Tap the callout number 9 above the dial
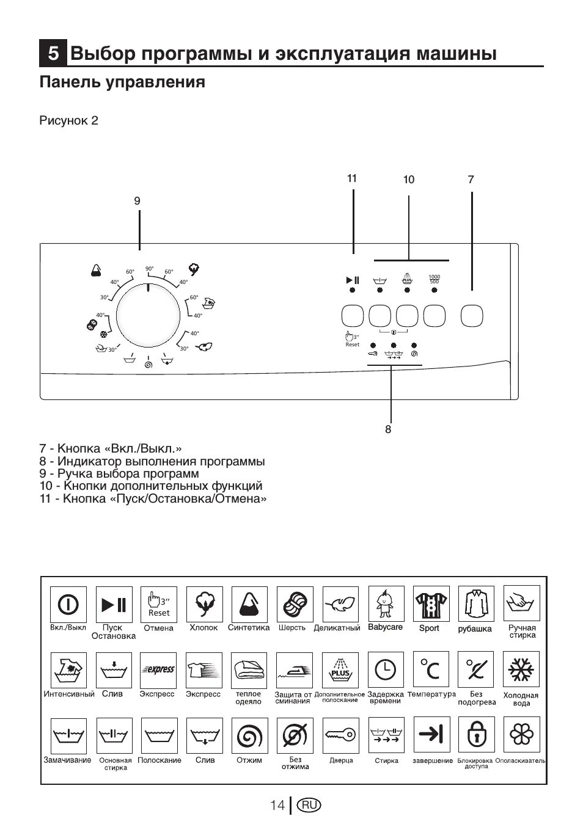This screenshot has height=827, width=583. pyautogui.click(x=137, y=201)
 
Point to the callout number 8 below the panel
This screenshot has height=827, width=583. pyautogui.click(x=388, y=429)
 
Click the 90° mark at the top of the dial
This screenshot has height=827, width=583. pyautogui.click(x=149, y=269)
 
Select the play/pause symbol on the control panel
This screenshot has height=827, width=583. pyautogui.click(x=353, y=280)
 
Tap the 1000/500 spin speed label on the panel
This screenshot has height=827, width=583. pyautogui.click(x=435, y=279)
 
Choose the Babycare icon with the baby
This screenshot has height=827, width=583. pyautogui.click(x=386, y=605)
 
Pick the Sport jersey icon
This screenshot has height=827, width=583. pyautogui.click(x=431, y=605)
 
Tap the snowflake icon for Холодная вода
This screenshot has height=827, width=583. pyautogui.click(x=521, y=671)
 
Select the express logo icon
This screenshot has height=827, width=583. pyautogui.click(x=159, y=670)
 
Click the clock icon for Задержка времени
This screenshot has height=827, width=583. pyautogui.click(x=386, y=670)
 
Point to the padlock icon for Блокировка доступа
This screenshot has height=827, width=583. pyautogui.click(x=476, y=735)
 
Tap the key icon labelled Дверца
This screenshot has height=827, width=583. pyautogui.click(x=340, y=735)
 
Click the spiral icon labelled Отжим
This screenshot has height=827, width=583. pyautogui.click(x=249, y=735)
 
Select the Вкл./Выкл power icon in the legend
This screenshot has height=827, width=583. pyautogui.click(x=68, y=605)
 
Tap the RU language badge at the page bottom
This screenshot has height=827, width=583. pyautogui.click(x=309, y=805)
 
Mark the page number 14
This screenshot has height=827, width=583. pyautogui.click(x=277, y=805)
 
